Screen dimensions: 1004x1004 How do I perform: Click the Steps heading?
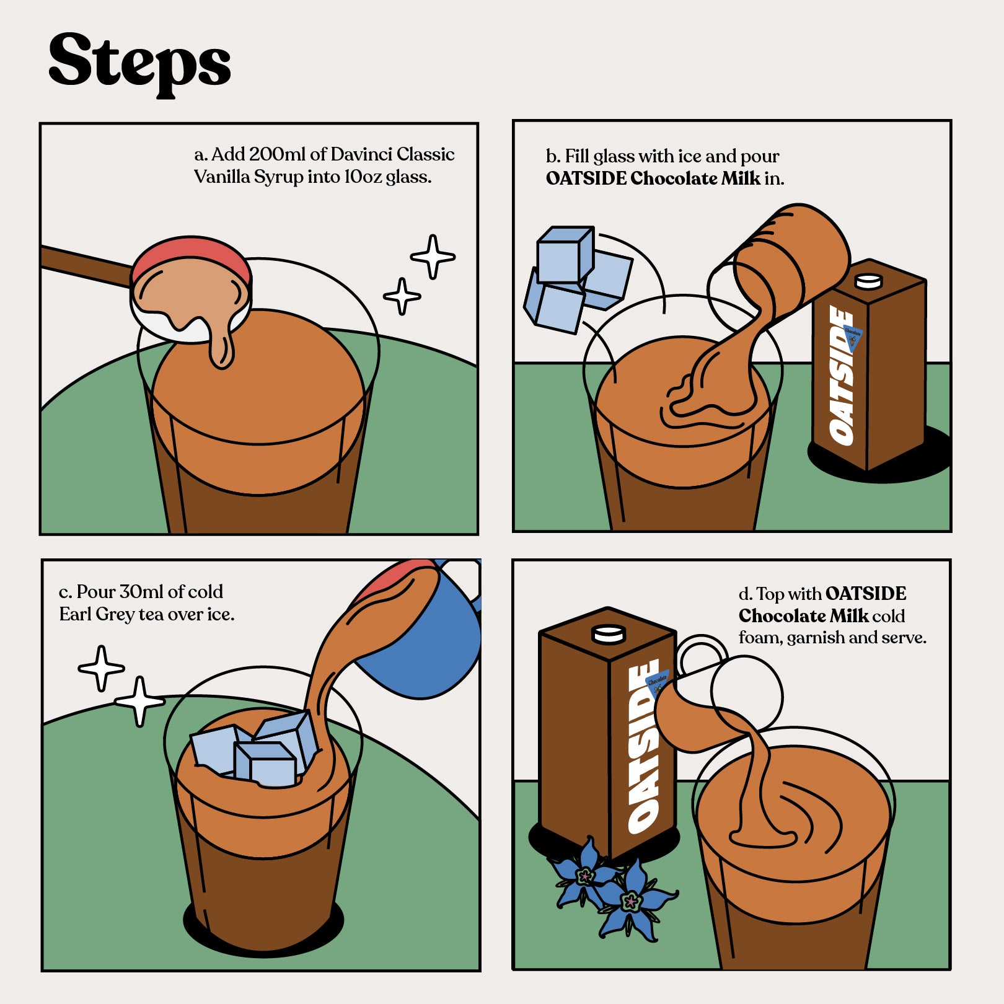click(139, 64)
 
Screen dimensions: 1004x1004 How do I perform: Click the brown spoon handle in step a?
click(87, 265)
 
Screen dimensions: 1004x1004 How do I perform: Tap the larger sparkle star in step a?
click(433, 257)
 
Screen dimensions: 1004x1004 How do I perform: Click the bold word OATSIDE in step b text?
click(586, 178)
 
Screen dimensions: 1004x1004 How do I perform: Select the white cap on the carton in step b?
click(868, 281)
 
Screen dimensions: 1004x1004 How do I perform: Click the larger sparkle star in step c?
click(140, 701)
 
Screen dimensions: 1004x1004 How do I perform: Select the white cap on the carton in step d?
click(609, 634)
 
